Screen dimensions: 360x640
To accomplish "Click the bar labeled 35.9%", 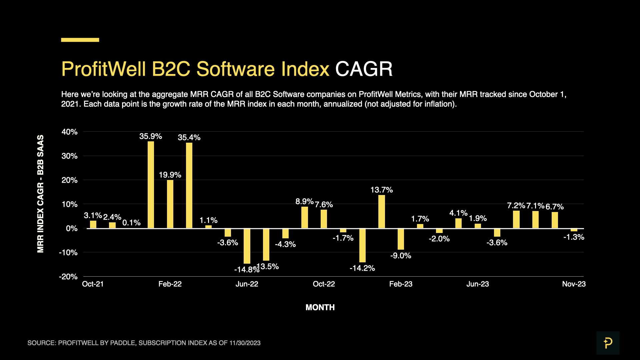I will [151, 185].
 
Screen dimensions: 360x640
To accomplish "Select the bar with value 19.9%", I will [170, 204].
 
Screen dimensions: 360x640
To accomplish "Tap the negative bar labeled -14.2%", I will [362, 245].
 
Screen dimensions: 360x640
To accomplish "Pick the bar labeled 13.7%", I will [382, 212].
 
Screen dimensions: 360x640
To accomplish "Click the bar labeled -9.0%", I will [401, 239].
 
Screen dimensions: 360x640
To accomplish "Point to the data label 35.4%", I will [189, 137].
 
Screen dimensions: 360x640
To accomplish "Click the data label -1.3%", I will [574, 237].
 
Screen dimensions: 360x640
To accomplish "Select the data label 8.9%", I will [304, 201].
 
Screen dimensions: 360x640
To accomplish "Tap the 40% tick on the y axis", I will [69, 132].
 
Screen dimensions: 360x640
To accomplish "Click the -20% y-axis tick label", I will [68, 277].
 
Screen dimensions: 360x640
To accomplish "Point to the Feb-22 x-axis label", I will [170, 284].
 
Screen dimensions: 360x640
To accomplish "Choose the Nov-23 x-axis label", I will [574, 284].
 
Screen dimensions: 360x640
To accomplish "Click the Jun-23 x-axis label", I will [477, 284].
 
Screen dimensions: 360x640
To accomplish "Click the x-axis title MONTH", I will [320, 307].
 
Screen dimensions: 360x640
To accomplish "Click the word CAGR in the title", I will [364, 69].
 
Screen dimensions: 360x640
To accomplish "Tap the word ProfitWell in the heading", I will [103, 69].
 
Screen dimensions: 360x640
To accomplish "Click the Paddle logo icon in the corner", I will [608, 343].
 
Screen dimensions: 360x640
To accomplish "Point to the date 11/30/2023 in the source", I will [245, 343].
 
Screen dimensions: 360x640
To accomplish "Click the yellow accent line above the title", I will [80, 40].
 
